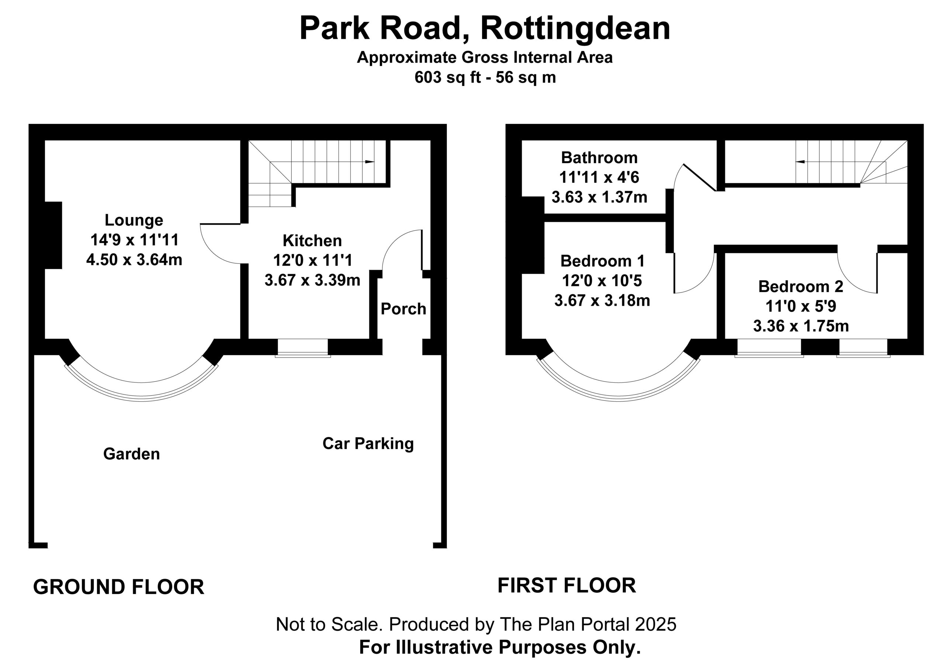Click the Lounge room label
pos(134,221)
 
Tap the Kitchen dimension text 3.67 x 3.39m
pos(312,280)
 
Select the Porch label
pos(403,309)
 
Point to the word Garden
pos(131,454)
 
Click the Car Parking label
pos(368,444)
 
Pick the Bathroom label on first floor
pos(599,158)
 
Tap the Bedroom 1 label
pos(603,261)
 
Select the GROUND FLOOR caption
pos(118,587)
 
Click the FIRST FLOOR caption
pos(566,585)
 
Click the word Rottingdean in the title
pos(575,28)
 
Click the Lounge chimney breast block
pos(53,235)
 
